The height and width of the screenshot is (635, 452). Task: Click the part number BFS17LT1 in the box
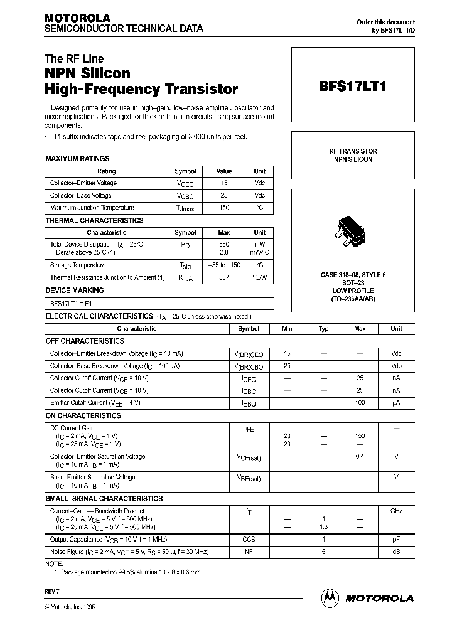[x=353, y=87]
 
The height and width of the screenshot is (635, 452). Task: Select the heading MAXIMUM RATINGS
[x=77, y=159]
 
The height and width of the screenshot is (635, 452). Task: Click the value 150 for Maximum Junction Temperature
[x=224, y=208]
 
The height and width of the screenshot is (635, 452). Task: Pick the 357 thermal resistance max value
[x=224, y=277]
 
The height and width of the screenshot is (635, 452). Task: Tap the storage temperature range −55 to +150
[x=224, y=265]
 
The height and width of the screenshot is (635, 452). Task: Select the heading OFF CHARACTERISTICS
[x=85, y=341]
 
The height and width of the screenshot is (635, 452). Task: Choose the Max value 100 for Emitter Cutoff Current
[x=360, y=402]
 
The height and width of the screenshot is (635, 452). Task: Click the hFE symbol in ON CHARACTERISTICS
[x=248, y=428]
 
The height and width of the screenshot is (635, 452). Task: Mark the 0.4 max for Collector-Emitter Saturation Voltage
[x=360, y=456]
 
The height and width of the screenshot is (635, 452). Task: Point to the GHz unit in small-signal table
[x=396, y=511]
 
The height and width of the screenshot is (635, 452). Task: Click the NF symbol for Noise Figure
[x=248, y=552]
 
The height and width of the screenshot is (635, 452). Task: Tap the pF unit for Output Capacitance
[x=396, y=539]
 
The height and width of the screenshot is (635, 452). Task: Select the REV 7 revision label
[x=51, y=591]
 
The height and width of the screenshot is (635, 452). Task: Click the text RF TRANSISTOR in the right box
[x=353, y=151]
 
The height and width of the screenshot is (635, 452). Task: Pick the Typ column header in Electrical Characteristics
[x=323, y=328]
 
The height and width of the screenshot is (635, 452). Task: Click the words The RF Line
[x=74, y=59]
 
